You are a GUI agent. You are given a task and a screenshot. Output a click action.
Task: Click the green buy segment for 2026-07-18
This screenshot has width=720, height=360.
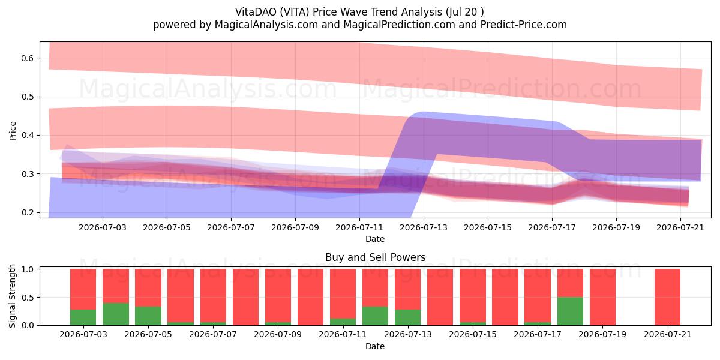point(570,311)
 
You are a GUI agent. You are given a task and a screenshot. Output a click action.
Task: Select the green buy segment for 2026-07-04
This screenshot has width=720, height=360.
point(116,314)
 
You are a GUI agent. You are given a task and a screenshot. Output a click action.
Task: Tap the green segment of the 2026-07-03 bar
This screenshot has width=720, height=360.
point(83,317)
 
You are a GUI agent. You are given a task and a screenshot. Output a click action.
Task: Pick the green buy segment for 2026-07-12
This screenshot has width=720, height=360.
point(375,316)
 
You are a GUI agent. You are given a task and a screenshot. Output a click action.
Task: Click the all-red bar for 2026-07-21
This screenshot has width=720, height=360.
point(667,297)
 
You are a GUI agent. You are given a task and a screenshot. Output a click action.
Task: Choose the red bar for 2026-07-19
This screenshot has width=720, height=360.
point(602,297)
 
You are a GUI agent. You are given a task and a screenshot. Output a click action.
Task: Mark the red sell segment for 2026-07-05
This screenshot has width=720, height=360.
point(148,287)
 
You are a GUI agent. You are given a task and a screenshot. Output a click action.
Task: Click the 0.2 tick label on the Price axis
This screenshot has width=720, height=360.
point(28,212)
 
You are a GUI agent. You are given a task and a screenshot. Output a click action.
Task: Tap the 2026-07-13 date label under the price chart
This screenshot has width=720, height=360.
point(424,227)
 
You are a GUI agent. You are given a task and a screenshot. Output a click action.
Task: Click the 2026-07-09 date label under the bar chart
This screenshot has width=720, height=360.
point(278,334)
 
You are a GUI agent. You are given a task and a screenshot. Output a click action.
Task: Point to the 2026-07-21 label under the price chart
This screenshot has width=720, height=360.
point(680,227)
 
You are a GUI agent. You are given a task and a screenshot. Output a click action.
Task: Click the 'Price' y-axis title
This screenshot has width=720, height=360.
point(13,131)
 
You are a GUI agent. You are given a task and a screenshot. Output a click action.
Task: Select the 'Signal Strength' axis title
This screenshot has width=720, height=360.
point(12,296)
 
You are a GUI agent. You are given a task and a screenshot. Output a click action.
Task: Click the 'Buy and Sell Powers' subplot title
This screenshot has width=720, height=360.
point(375,257)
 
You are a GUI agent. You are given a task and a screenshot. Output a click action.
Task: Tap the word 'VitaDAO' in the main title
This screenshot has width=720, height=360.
point(256,12)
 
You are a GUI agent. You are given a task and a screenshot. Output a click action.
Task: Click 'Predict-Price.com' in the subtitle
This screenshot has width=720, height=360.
point(524,25)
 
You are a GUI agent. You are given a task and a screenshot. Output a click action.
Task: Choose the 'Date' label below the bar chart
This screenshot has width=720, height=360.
point(375,346)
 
